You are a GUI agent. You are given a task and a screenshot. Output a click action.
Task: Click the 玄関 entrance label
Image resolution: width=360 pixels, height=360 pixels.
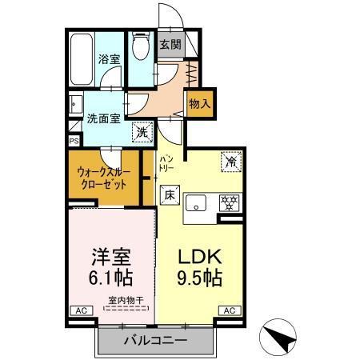169,44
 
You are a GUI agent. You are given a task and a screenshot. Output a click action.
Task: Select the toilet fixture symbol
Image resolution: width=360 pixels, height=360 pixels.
141,47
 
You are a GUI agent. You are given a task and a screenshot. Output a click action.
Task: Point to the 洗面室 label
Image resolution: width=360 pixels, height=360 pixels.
103,120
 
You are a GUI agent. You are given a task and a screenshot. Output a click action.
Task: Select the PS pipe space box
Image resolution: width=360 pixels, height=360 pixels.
74,141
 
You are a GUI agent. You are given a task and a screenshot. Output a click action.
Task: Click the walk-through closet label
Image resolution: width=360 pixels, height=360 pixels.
101,177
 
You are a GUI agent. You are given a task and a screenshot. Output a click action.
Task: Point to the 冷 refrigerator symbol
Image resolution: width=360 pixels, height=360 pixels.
230,160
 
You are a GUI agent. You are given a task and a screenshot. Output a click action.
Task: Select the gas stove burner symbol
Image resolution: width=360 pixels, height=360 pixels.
230,203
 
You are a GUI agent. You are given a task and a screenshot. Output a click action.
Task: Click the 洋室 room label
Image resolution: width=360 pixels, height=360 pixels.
110,258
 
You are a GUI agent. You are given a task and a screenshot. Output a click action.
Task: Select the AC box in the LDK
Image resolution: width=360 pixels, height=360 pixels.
229,310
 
